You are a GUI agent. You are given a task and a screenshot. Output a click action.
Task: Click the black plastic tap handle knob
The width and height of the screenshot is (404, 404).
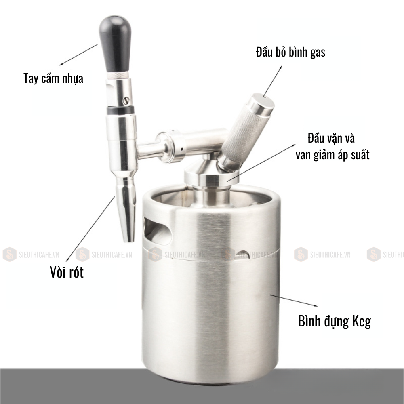(x=115, y=44)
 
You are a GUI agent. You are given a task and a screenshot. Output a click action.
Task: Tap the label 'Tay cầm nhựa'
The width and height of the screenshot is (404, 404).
(x=53, y=78)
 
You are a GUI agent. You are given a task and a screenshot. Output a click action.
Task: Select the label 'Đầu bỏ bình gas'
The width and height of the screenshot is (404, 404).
(x=290, y=52)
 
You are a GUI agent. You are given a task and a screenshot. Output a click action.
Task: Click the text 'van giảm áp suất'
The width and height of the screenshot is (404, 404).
(x=332, y=155)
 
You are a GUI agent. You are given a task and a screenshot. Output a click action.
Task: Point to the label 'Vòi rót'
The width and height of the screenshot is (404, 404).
(x=67, y=272)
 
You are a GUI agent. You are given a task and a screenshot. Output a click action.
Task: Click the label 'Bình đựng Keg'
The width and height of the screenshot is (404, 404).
(x=335, y=321)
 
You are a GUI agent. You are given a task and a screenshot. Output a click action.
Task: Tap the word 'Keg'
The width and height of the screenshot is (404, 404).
(x=362, y=322)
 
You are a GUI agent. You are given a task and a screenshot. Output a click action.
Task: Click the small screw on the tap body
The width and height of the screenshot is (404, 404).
(x=126, y=101)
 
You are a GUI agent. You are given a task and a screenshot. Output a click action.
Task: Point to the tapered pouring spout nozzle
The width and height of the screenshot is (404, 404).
(x=126, y=209)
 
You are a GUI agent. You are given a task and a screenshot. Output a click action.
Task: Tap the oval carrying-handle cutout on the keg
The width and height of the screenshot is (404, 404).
(x=158, y=231)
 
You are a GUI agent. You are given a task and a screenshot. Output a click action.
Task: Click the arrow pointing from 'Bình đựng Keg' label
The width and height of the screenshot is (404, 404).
(x=294, y=301)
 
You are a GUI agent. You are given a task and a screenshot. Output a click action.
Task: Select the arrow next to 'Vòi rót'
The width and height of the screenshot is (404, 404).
(x=90, y=229)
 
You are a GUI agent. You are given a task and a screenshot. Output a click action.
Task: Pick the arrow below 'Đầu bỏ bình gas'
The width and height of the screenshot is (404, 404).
(x=273, y=81)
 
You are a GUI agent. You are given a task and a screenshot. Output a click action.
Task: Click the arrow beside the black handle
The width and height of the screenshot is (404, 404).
(x=78, y=55)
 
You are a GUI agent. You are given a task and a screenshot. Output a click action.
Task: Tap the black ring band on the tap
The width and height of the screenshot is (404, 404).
(x=120, y=110)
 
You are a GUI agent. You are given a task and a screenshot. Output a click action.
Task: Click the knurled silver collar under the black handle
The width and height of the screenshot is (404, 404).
(x=118, y=75)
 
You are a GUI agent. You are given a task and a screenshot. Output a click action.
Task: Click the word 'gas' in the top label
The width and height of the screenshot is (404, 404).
(x=318, y=53)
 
